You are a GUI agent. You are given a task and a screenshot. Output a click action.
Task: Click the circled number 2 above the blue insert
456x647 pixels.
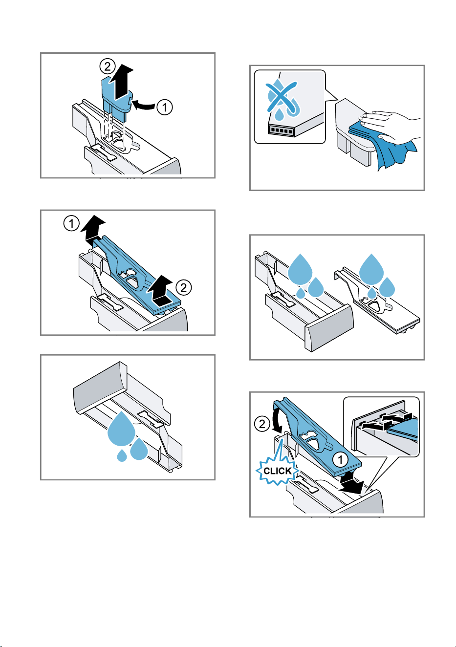(108, 67)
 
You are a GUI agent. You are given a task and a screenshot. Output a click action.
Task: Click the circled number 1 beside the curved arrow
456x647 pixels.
(165, 107)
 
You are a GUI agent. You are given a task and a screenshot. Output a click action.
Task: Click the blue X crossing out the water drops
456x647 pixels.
(281, 97)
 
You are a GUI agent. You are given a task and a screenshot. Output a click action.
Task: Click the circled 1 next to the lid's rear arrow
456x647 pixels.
(71, 223)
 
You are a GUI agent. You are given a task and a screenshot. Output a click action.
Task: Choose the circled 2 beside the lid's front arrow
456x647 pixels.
(183, 288)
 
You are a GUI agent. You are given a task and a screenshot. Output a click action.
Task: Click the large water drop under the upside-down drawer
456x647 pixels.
(121, 429)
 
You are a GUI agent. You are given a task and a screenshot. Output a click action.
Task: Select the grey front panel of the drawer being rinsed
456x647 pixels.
(329, 328)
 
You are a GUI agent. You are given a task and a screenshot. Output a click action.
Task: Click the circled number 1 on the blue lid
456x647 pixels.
(340, 459)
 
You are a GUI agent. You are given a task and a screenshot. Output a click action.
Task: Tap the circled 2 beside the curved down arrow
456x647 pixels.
(262, 424)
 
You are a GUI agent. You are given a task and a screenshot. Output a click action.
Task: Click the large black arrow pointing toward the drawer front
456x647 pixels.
(350, 483)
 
